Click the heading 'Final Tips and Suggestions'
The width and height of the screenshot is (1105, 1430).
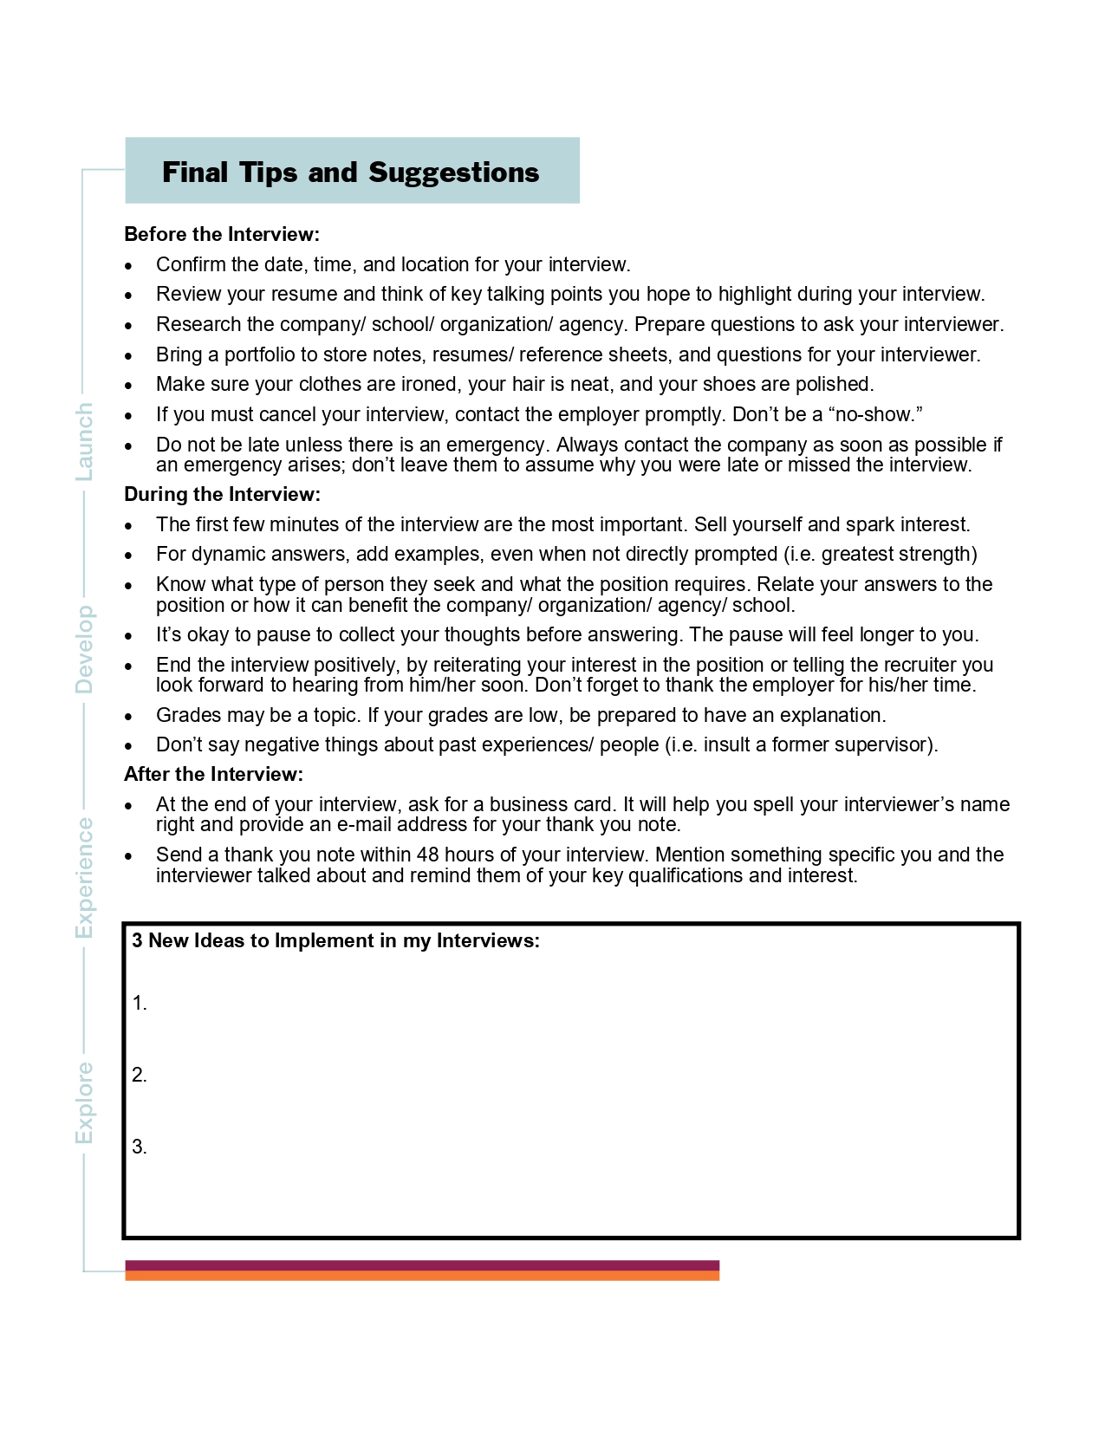tap(350, 172)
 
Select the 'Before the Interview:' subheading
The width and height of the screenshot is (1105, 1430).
tap(222, 234)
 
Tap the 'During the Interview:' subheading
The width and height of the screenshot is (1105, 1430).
tap(222, 494)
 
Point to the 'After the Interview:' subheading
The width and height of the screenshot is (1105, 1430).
tap(213, 774)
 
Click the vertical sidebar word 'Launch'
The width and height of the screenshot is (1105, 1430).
tap(84, 442)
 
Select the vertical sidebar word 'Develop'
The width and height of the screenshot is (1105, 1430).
tap(84, 649)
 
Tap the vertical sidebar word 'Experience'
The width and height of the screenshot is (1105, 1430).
tap(84, 877)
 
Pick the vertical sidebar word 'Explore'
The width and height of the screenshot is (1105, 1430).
tap(84, 1102)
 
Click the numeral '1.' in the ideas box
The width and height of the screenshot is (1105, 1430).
tap(140, 1003)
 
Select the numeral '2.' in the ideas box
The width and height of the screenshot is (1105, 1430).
tap(140, 1075)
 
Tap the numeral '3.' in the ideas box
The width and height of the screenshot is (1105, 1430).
tap(140, 1147)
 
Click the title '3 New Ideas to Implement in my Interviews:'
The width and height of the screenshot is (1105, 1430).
tap(335, 940)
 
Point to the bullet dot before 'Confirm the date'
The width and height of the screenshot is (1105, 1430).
tap(129, 266)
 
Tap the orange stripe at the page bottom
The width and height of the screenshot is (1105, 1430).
tap(422, 1276)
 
